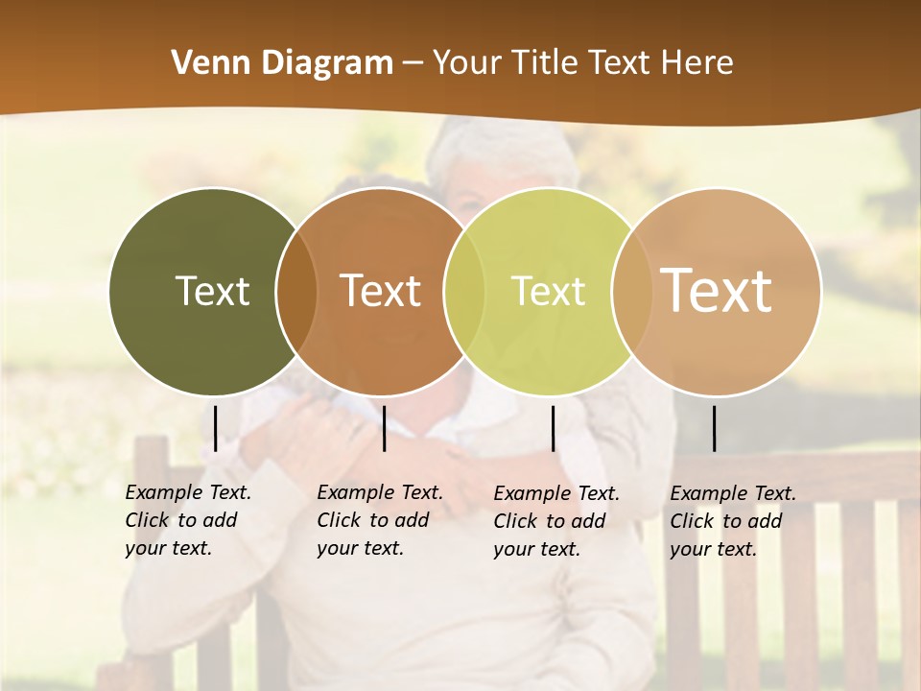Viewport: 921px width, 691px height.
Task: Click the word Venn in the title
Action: coord(203,63)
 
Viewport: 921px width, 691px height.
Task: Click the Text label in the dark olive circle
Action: coord(212,291)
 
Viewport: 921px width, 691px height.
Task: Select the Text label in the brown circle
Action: coord(380,291)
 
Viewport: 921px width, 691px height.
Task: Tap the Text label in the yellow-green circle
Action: coord(548,291)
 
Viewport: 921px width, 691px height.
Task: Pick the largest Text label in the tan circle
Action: coord(716,291)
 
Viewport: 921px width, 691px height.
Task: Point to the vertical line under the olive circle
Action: coord(215,428)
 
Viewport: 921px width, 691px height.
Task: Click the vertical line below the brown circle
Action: coord(384,428)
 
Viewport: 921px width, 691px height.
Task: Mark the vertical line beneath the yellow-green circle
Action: coord(553,428)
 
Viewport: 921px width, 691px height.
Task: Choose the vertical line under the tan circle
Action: coord(714,428)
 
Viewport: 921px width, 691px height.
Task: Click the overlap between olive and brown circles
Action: coord(296,291)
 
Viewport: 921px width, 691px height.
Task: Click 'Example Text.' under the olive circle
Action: coord(188,492)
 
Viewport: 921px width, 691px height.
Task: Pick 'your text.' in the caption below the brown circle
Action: coord(360,548)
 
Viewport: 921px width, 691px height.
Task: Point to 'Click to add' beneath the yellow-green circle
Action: coord(550,521)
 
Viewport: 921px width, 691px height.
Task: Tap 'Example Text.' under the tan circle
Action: coord(733,493)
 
